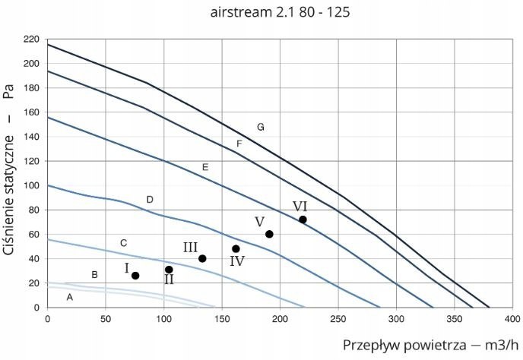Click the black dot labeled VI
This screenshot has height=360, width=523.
(303, 219)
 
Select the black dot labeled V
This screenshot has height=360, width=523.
(269, 234)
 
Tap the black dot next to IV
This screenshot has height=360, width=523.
(236, 248)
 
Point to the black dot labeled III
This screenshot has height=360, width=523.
(202, 258)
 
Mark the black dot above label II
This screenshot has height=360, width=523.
(169, 270)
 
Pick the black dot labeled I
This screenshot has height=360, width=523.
(135, 276)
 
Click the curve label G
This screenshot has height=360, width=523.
(260, 127)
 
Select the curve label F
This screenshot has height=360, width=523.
(239, 144)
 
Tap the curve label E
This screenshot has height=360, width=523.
(204, 166)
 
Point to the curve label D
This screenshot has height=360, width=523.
(150, 200)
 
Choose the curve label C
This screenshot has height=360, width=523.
(123, 243)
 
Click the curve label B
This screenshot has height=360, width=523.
(94, 274)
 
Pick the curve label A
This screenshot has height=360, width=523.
(69, 297)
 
